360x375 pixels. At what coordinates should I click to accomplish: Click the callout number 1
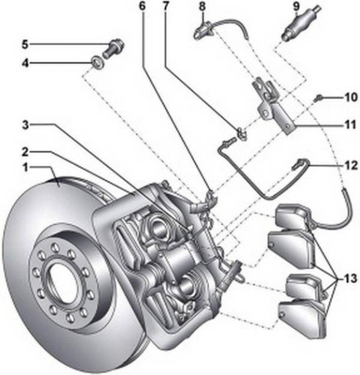point(26,167)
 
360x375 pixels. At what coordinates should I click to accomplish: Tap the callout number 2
point(25,152)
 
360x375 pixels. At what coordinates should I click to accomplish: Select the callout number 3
point(26,125)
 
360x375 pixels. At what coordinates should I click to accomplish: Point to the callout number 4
point(26,63)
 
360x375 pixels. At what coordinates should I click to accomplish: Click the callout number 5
point(25,44)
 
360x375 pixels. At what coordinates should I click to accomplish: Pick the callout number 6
point(142,6)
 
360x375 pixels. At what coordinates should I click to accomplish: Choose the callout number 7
point(166,6)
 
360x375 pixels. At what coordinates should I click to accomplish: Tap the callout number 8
point(202,6)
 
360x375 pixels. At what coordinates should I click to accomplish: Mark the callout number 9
point(296,6)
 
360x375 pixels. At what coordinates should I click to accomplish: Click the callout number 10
point(351,97)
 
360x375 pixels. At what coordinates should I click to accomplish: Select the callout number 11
point(351,125)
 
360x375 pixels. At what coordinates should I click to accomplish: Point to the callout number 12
point(351,166)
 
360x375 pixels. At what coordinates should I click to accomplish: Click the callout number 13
point(351,278)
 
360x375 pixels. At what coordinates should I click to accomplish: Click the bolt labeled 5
point(114,48)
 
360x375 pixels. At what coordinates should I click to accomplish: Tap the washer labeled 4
point(97,62)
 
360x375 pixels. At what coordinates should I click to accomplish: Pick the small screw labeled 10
point(319,97)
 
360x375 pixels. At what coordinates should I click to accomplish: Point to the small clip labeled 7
point(241,134)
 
